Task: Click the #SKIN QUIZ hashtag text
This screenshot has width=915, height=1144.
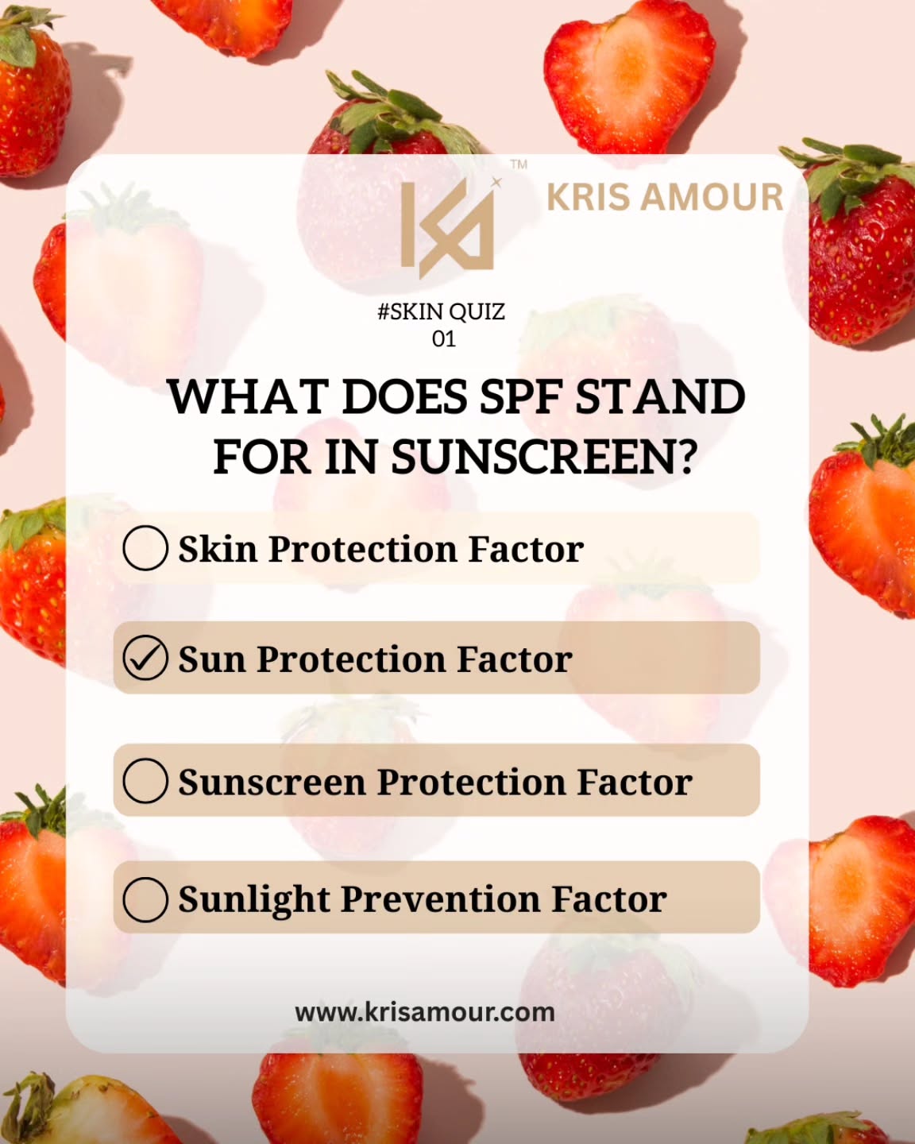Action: [x=441, y=311]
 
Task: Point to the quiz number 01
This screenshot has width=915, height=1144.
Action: [x=443, y=339]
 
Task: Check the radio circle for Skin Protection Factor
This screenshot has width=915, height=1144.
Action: [x=145, y=548]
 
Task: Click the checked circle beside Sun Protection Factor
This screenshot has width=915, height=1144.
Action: [x=145, y=659]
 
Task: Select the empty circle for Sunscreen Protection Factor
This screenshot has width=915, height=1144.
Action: [x=145, y=780]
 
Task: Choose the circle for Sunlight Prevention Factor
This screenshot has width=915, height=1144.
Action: [x=145, y=899]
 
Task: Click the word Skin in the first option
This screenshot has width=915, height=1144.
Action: [x=218, y=549]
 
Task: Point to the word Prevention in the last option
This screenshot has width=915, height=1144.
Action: [x=440, y=899]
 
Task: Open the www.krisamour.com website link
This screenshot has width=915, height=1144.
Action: [x=425, y=1012]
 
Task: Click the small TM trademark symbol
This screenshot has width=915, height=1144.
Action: [x=519, y=164]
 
